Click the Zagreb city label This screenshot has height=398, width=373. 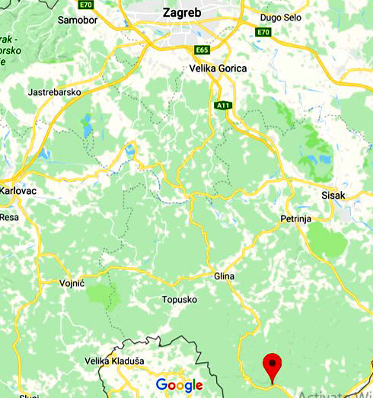[181, 12]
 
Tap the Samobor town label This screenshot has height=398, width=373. [76, 19]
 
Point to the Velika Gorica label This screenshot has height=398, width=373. [218, 68]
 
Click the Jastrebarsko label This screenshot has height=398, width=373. [54, 92]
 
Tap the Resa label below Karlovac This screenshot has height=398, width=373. [9, 217]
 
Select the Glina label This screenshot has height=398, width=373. [225, 276]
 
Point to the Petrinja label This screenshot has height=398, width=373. [292, 220]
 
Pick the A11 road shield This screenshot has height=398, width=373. [223, 106]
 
